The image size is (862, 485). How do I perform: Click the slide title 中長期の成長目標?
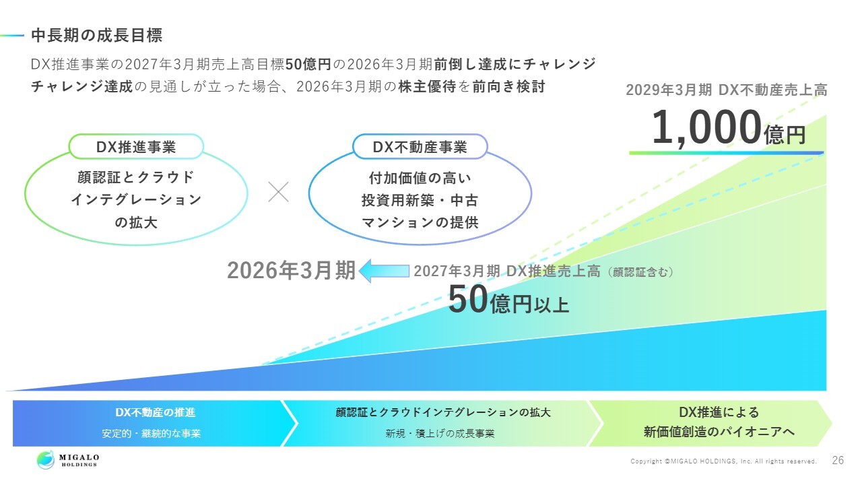click(97, 36)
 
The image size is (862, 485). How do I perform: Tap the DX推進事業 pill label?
click(136, 147)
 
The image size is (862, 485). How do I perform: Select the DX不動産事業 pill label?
click(420, 147)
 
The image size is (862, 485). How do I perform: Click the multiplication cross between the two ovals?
click(278, 192)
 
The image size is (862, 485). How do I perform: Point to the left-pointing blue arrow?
click(384, 271)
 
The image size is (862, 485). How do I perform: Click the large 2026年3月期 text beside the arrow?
click(292, 270)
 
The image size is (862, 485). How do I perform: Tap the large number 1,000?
click(706, 127)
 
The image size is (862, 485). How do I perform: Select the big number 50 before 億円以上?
click(468, 300)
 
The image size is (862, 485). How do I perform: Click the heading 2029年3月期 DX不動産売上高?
click(726, 90)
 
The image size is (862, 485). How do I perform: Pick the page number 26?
click(838, 460)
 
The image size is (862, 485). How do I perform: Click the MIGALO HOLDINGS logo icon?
click(46, 460)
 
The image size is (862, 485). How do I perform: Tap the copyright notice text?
click(723, 461)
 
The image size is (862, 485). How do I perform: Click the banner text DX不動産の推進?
click(156, 412)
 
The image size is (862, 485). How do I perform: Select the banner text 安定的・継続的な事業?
click(152, 433)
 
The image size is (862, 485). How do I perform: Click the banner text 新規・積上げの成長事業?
click(440, 433)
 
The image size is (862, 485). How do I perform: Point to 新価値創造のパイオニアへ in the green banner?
click(719, 432)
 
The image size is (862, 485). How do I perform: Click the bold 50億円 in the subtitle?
click(308, 64)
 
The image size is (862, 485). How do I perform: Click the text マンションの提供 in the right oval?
click(420, 222)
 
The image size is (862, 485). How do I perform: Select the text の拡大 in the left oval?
click(136, 222)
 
